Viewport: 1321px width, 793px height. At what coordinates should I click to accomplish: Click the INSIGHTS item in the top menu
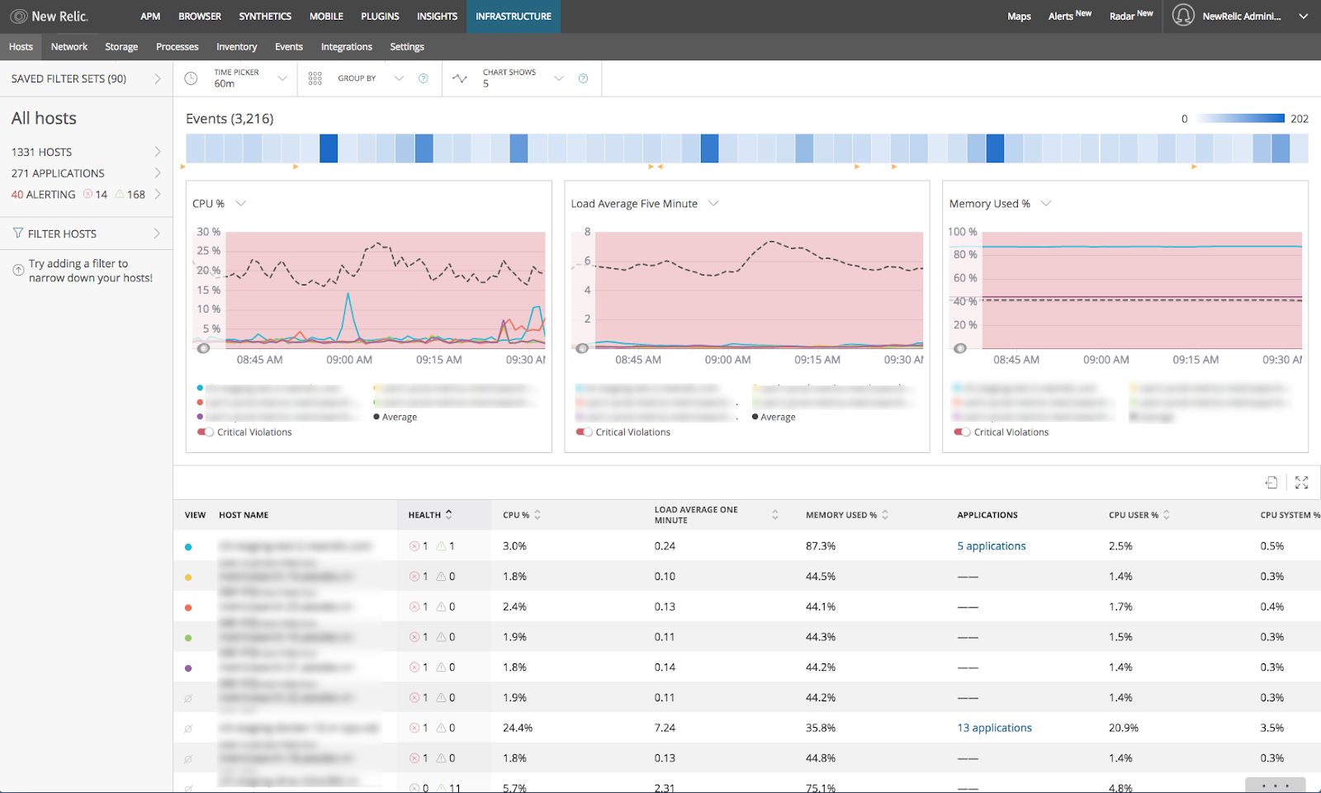pos(437,17)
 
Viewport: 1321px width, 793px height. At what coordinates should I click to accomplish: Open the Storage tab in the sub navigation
pos(121,47)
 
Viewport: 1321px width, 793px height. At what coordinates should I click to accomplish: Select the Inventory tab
pos(236,47)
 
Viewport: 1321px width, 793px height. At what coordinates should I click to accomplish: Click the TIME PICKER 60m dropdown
pos(247,78)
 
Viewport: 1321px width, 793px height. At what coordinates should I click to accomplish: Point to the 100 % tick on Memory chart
pos(963,232)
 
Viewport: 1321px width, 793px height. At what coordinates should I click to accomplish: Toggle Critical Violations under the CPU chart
pos(205,432)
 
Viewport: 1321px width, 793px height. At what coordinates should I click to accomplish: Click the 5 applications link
pos(991,546)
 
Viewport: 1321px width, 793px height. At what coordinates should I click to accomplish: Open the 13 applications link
pos(994,728)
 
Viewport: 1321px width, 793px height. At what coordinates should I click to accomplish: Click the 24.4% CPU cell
pos(518,728)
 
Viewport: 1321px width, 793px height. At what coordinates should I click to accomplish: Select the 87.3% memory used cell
pos(821,546)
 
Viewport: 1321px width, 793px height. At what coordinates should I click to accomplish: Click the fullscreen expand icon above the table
pos(1301,483)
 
